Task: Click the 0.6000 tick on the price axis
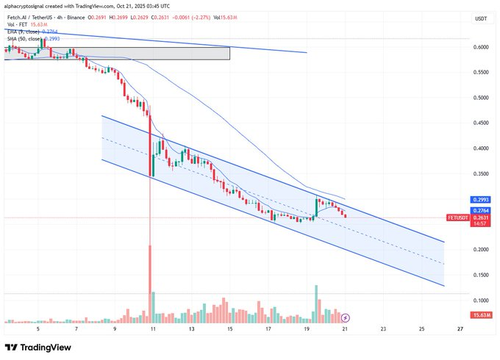[482, 47]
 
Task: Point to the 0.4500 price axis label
[482, 123]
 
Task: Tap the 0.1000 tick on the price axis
[482, 300]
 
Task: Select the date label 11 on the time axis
[152, 329]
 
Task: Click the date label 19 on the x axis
[306, 329]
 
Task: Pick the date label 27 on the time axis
[460, 329]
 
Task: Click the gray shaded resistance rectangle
[118, 53]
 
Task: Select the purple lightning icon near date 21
[345, 317]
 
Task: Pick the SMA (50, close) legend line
[30, 38]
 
